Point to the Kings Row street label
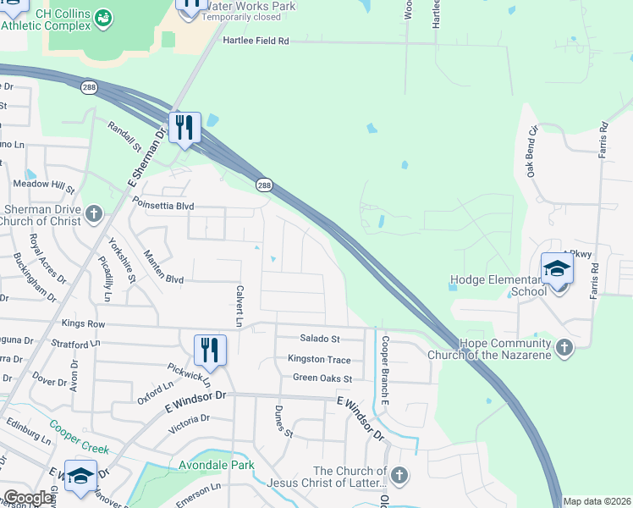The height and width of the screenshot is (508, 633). [83, 324]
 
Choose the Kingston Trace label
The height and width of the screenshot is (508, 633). [319, 360]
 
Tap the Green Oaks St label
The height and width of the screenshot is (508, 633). [322, 378]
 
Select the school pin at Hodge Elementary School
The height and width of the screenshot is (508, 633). [558, 269]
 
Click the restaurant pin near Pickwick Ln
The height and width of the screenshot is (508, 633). [210, 350]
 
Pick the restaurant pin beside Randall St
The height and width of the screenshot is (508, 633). [184, 128]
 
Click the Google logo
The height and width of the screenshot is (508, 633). [27, 498]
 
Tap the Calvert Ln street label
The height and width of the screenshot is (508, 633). [239, 304]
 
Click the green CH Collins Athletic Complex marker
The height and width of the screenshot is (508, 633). [103, 17]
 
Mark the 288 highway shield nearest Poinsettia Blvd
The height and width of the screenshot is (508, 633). [265, 185]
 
